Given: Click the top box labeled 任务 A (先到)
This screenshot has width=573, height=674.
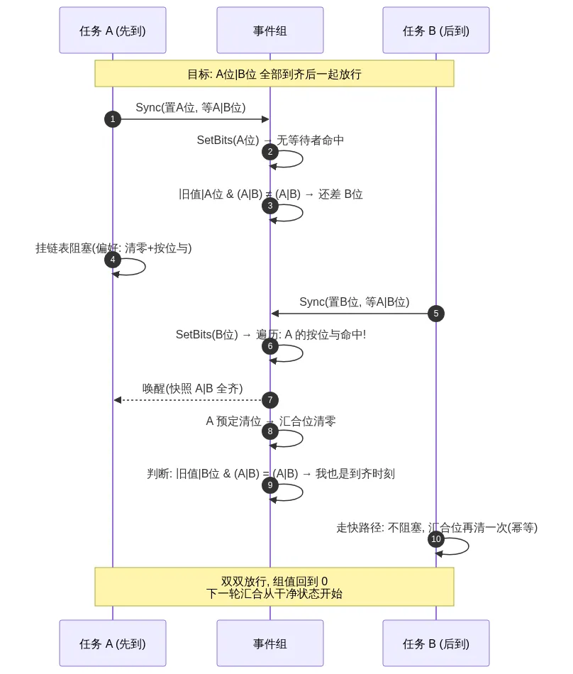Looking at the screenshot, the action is click(113, 30).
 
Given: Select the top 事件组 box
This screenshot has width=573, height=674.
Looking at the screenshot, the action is click(269, 30).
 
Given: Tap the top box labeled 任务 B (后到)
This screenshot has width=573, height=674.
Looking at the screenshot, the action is click(436, 30).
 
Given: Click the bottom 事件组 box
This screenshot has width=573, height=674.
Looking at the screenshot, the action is click(269, 643).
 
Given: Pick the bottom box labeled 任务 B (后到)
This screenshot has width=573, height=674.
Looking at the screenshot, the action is click(436, 643).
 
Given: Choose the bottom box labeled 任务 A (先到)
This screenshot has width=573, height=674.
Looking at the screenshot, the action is click(113, 643).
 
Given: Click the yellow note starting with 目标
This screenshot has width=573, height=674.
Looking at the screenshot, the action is click(274, 74).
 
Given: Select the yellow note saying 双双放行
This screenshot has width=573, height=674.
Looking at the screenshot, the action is click(274, 587).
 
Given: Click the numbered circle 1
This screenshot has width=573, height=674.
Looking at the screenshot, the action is click(113, 119).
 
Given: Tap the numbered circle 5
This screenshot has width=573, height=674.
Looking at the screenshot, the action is click(436, 314).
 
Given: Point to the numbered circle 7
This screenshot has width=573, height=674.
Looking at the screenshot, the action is click(269, 400).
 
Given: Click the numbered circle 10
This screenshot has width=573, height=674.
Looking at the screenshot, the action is click(436, 539).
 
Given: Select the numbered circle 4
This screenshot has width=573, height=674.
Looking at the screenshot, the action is click(113, 260).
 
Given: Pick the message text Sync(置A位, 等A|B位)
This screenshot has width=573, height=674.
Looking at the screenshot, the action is click(191, 107).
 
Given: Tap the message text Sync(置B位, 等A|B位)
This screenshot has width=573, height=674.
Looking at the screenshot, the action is click(355, 302).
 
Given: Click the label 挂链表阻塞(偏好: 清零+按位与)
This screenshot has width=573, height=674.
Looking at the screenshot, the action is click(113, 248).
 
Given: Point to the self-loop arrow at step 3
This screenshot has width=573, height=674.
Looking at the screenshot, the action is click(302, 214).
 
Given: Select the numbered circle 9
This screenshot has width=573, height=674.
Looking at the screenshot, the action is click(269, 485).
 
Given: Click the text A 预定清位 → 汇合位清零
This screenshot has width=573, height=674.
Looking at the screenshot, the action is click(271, 421).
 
